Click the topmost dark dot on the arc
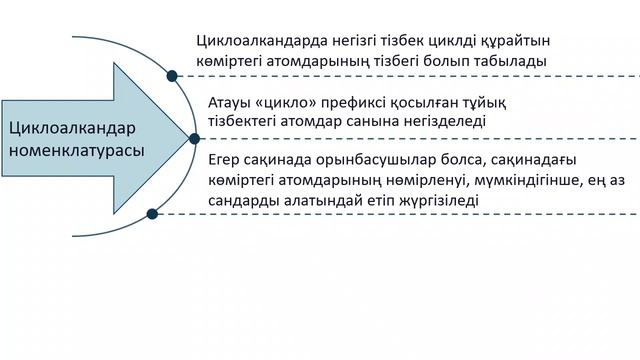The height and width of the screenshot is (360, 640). coord(172,75)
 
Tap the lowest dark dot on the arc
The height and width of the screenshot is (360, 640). coord(152,213)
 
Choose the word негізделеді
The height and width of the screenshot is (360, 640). coord(443,121)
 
